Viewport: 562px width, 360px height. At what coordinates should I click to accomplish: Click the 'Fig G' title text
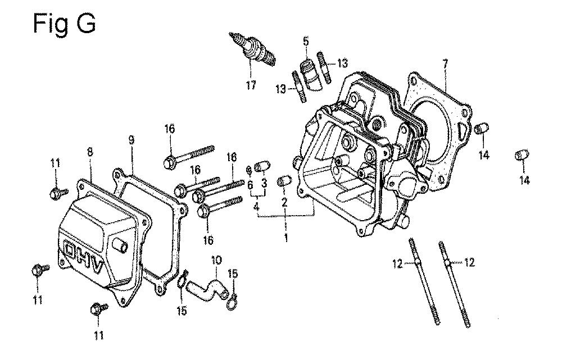[x=64, y=25]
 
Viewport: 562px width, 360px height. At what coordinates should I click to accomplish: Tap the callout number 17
[x=251, y=85]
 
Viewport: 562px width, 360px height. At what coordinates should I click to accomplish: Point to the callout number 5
[x=305, y=41]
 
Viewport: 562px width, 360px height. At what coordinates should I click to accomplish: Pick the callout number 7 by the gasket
[x=445, y=65]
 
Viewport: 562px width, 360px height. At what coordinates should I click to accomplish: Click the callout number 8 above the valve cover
[x=89, y=152]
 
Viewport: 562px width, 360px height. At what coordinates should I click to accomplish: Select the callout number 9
[x=131, y=140]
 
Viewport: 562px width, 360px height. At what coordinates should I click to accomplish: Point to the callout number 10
[x=216, y=260]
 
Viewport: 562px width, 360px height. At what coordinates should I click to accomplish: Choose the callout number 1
[x=285, y=238]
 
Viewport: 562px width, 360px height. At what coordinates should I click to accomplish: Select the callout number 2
[x=284, y=203]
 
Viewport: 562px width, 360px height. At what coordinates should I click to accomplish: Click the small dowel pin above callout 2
[x=285, y=181]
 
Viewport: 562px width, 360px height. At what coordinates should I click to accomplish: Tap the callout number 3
[x=264, y=184]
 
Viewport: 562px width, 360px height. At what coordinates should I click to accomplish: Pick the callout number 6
[x=250, y=185]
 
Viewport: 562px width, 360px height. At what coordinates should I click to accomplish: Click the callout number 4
[x=256, y=207]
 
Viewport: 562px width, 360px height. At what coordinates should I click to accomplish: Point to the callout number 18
[x=232, y=157]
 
